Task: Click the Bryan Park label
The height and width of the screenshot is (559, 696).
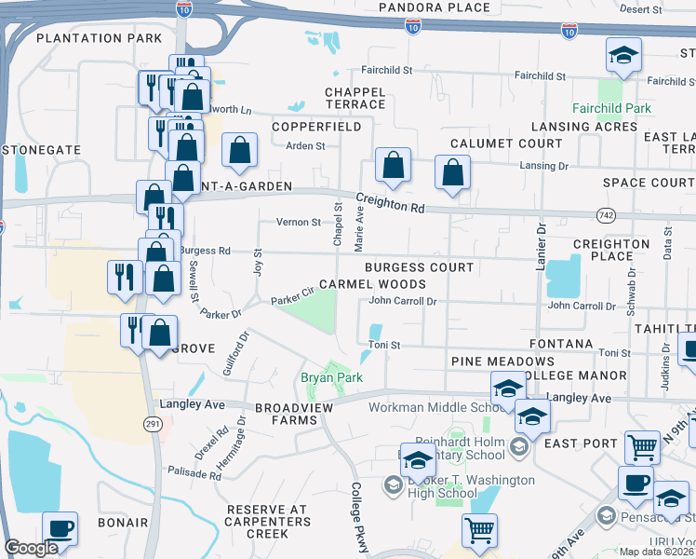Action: pos(330,377)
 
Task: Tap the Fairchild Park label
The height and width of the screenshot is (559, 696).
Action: pos(611,108)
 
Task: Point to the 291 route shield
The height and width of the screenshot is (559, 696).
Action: pos(154,423)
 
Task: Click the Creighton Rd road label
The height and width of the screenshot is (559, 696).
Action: pos(389,203)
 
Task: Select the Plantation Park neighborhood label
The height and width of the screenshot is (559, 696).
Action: pos(98,38)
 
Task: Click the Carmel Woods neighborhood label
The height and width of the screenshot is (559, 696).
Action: pos(372,284)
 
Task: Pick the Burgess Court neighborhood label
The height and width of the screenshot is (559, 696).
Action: pos(419,267)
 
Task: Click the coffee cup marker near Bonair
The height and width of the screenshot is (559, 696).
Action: pos(60,528)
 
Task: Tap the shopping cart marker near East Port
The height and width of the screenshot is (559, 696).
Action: pos(642,446)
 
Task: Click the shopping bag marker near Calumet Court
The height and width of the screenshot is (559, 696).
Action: pos(452,172)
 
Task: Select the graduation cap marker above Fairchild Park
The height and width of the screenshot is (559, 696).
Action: pos(623,55)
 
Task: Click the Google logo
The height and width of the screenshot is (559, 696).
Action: pos(32,548)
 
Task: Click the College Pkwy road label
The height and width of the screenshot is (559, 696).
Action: pos(359,517)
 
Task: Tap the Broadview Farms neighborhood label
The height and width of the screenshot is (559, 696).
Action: pos(287,415)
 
